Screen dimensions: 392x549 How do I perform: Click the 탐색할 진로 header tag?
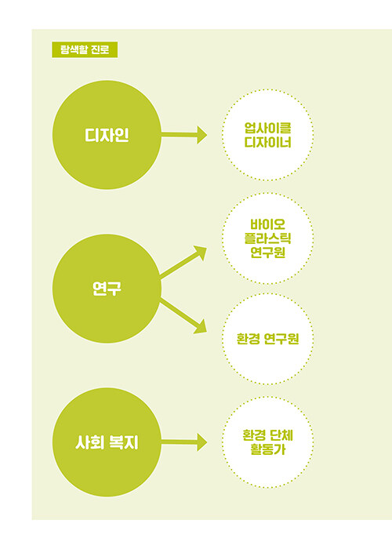click(x=85, y=49)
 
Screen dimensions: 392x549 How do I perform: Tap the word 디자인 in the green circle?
click(x=107, y=135)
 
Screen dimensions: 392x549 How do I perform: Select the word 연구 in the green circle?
click(x=107, y=289)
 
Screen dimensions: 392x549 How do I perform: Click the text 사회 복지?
click(x=107, y=442)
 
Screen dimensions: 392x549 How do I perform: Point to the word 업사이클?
click(x=268, y=128)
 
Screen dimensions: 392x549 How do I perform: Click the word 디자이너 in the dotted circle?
click(x=268, y=142)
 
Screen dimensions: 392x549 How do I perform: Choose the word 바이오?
click(x=268, y=224)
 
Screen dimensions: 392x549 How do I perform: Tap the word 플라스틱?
click(x=268, y=238)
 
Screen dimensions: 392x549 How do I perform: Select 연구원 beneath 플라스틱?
click(x=268, y=253)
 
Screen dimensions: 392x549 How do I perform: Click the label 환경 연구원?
click(x=268, y=339)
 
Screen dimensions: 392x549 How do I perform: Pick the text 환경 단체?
click(x=268, y=435)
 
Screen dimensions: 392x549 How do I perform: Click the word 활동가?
click(x=268, y=449)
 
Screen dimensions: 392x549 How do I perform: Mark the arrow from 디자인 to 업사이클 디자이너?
click(x=184, y=135)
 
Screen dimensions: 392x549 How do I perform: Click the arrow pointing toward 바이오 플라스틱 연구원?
click(x=183, y=262)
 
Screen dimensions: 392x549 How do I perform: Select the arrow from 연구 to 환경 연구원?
click(x=183, y=315)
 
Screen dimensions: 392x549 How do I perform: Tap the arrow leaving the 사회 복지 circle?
click(x=184, y=442)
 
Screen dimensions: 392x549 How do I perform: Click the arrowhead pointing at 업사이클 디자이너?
click(x=202, y=135)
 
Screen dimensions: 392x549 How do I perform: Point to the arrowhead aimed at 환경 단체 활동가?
click(x=202, y=442)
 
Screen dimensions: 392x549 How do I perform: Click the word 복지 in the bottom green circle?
click(x=124, y=442)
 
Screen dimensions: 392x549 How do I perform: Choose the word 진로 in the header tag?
click(x=100, y=49)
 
